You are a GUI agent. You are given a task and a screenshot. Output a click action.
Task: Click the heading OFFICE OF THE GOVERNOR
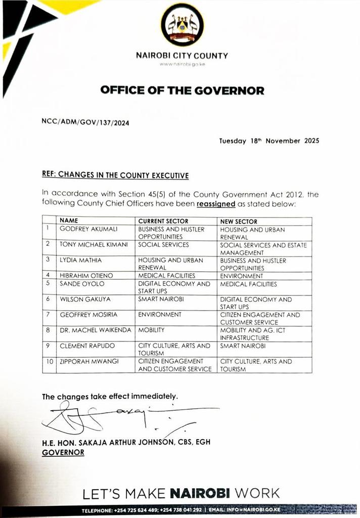[x=182, y=91]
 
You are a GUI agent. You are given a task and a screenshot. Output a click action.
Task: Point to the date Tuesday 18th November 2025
[x=269, y=141]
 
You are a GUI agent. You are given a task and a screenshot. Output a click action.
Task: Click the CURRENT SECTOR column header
[x=163, y=222]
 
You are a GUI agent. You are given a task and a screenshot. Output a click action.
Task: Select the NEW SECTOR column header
[x=239, y=222]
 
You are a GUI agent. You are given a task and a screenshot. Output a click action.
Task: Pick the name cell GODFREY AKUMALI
[x=88, y=229]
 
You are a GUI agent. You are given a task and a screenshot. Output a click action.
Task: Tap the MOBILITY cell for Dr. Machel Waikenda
[x=153, y=330]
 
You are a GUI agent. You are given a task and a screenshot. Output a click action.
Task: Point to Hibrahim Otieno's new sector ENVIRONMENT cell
[x=242, y=276]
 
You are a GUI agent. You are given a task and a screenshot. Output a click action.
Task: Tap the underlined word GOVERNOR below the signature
[x=63, y=452]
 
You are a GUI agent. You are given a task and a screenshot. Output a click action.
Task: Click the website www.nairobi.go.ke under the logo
[x=182, y=65]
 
